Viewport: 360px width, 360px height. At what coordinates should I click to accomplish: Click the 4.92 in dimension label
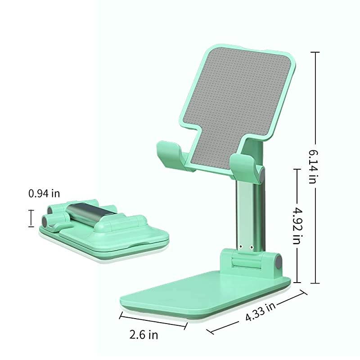pos(297,226)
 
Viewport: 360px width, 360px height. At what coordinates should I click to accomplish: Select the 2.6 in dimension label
pos(144,335)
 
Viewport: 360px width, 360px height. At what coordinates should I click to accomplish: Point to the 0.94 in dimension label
pos(44,193)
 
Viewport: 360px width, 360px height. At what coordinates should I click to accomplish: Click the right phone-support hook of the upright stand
pos(243,166)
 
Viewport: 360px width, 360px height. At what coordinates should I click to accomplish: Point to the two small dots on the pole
pos(246,247)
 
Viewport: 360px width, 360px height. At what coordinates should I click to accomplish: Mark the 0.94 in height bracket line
pos(31,218)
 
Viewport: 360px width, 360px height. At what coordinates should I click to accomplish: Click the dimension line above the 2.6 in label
pos(153,320)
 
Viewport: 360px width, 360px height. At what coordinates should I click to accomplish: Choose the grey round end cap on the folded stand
pos(46,220)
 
